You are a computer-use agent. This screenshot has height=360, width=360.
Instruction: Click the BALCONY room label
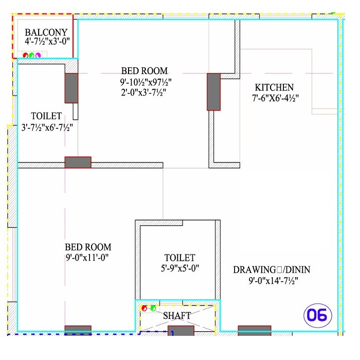(46, 32)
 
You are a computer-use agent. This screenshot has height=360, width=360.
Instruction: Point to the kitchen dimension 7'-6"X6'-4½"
(276, 98)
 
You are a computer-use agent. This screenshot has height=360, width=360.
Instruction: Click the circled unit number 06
(318, 315)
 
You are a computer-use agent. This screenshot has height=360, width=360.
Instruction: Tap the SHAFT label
(177, 315)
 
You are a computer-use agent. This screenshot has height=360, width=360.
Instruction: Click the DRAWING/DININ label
(272, 270)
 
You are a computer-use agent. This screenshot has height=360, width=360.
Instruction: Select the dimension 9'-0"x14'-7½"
(273, 281)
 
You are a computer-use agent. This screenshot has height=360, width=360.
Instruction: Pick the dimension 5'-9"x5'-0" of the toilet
(179, 268)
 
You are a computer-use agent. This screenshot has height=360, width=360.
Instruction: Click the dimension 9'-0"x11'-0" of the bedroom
(87, 257)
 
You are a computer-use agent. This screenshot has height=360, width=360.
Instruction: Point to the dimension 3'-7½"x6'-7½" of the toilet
(47, 127)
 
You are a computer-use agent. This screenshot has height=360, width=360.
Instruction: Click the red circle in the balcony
(25, 56)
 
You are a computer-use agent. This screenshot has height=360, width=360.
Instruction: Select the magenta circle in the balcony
(38, 56)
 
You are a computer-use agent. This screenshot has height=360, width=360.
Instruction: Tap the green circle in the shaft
(153, 309)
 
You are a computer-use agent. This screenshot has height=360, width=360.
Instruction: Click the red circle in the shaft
(146, 309)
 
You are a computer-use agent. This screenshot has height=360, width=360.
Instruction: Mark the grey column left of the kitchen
(213, 92)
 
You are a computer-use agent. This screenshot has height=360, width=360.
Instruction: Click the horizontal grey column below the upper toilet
(78, 163)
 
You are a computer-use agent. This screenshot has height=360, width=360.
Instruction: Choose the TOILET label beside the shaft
(179, 258)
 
